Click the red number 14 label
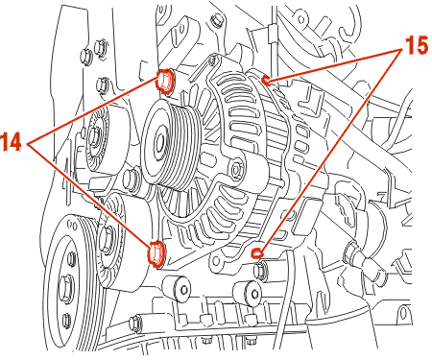(11, 141)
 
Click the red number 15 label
(417, 45)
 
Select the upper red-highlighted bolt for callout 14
(165, 81)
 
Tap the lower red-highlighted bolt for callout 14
(156, 253)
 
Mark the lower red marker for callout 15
(257, 253)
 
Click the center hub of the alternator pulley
(160, 141)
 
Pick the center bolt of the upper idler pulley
(95, 136)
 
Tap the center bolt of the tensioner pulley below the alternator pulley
(107, 238)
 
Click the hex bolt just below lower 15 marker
(260, 271)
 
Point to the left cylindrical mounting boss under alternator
(178, 288)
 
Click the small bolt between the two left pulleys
(132, 179)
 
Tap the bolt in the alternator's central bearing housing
(237, 169)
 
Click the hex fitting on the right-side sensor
(352, 252)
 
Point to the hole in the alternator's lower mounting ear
(217, 260)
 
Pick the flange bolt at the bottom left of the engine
(134, 323)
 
